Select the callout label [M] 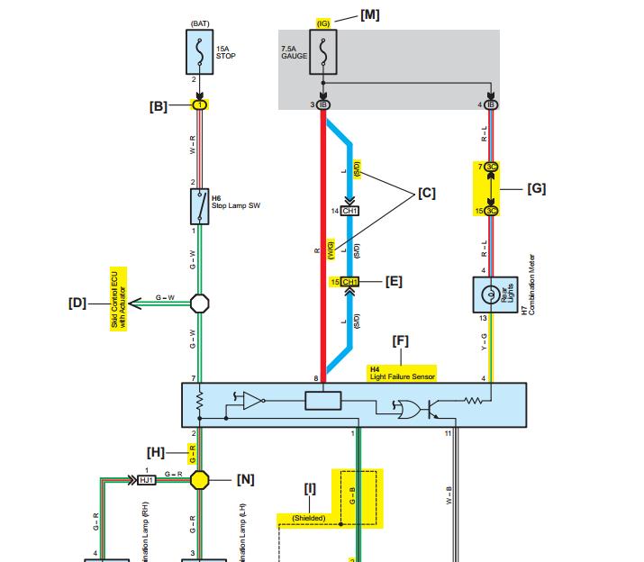(x=370, y=15)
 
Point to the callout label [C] (x=426, y=193)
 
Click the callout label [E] (x=394, y=281)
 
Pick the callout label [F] (x=401, y=340)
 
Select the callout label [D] (x=77, y=303)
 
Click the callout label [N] (x=245, y=479)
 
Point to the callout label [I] (x=310, y=489)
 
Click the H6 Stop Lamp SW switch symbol (x=199, y=206)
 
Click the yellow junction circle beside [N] (x=199, y=479)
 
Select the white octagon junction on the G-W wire (x=199, y=304)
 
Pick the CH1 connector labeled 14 (x=350, y=211)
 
